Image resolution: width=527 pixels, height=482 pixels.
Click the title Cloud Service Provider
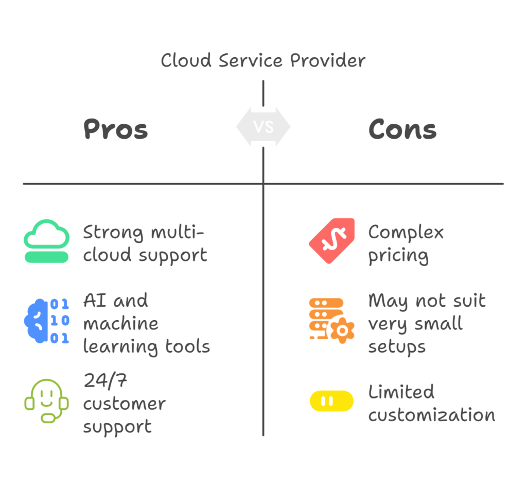(x=263, y=60)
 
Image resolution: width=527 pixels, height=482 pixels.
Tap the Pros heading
(x=116, y=129)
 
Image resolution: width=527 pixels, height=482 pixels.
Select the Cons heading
(x=402, y=129)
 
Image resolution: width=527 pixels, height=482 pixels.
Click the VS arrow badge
(x=263, y=127)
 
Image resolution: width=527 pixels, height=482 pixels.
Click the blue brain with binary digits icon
(x=46, y=321)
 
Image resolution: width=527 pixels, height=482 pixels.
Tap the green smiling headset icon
(x=47, y=401)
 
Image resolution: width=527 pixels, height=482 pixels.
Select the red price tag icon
(x=332, y=241)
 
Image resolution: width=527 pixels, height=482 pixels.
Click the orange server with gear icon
(x=331, y=320)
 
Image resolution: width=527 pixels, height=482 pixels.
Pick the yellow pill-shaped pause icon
(x=331, y=401)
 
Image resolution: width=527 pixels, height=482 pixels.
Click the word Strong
(x=114, y=232)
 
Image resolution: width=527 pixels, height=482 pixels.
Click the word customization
(x=431, y=415)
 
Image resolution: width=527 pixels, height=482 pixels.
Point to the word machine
(x=120, y=324)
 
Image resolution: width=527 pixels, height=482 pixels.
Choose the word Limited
(x=401, y=392)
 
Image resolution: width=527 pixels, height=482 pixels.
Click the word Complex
(x=406, y=233)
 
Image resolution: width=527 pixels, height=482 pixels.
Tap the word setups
(x=397, y=347)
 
